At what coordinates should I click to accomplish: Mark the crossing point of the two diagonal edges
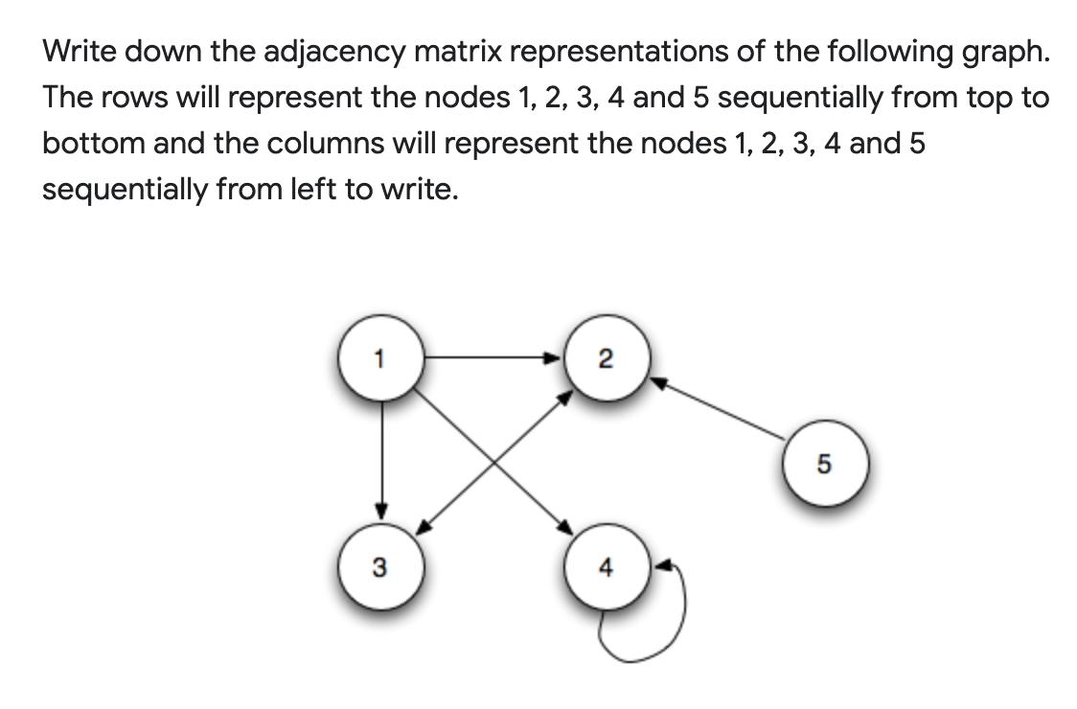click(x=493, y=463)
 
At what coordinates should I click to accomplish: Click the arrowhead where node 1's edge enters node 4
click(x=566, y=528)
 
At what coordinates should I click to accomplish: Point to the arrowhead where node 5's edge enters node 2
click(x=659, y=382)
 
